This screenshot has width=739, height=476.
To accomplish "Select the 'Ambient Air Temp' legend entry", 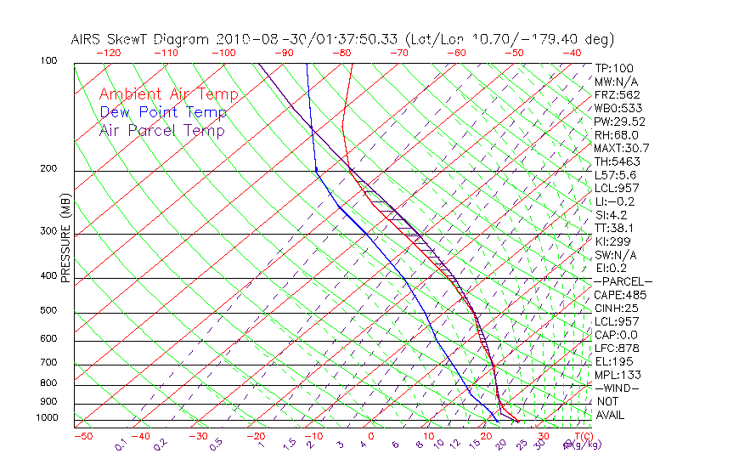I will [x=168, y=94].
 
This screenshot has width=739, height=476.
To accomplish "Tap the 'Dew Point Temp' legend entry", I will [x=163, y=112].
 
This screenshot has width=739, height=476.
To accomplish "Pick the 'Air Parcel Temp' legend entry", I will [x=161, y=130].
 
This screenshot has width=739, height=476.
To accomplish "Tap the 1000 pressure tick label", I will [x=48, y=418].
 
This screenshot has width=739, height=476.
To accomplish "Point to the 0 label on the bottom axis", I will [x=370, y=436].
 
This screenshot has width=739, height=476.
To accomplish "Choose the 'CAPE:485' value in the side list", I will [x=620, y=295].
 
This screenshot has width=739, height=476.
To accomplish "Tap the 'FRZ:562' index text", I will [x=618, y=94].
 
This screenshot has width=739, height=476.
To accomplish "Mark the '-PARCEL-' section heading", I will [x=623, y=281].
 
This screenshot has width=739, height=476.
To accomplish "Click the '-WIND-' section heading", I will [x=618, y=388].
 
